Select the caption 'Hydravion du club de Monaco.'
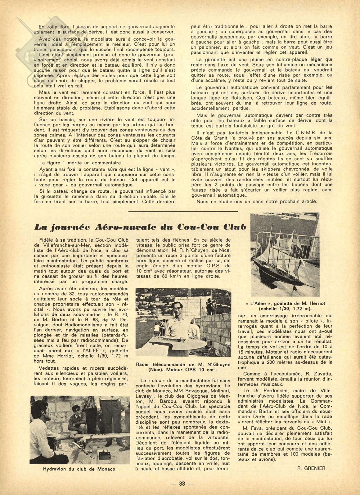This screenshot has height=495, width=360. point(80,469)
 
